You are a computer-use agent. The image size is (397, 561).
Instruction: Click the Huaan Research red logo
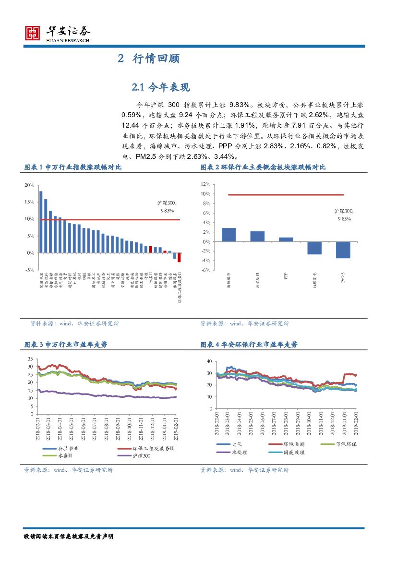click(x=32, y=33)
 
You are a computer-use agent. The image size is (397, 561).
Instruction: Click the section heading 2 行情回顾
click(x=149, y=59)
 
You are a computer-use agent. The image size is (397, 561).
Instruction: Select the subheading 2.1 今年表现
click(x=161, y=87)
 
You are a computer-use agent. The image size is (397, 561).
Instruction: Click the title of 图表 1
click(x=73, y=167)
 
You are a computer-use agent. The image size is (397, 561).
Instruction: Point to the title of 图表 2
click(x=263, y=167)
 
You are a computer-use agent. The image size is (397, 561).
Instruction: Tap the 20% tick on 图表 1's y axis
click(x=29, y=185)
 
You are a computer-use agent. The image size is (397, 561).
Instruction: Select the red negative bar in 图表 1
click(x=179, y=257)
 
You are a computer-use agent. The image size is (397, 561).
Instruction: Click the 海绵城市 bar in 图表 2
click(x=229, y=235)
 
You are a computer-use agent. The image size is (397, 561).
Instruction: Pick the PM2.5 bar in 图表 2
click(x=343, y=250)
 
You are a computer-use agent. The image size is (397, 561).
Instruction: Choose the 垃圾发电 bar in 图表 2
click(x=314, y=248)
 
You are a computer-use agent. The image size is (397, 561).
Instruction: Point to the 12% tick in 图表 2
click(x=205, y=184)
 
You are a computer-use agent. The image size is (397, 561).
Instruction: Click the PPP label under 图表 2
click(x=286, y=276)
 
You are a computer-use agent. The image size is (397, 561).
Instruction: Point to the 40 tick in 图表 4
click(x=208, y=361)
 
